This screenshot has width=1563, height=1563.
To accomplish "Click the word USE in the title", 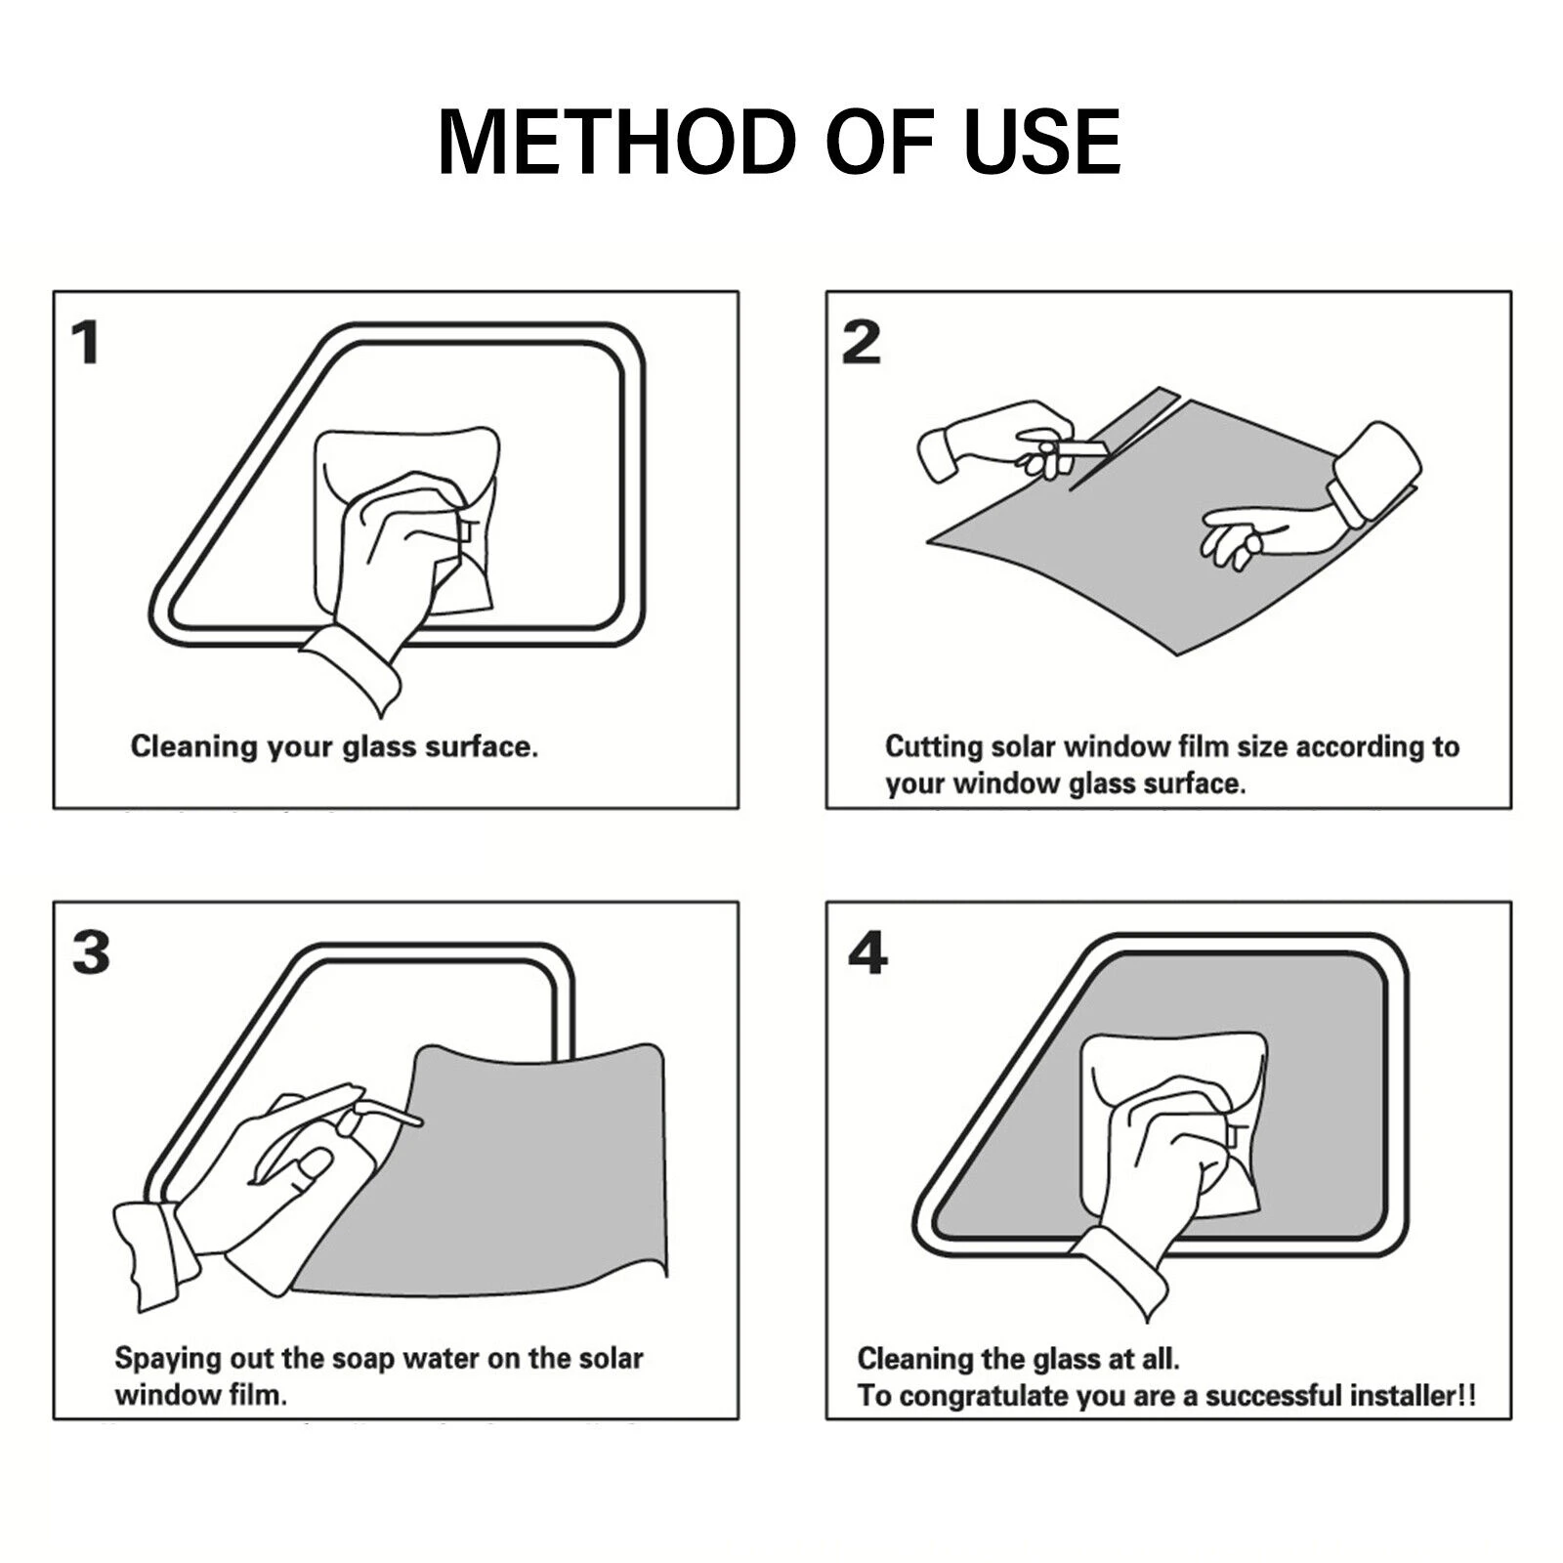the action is (x=1042, y=142).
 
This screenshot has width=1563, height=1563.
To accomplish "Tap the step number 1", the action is (x=86, y=344).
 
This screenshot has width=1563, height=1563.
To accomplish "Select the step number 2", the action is (x=861, y=344).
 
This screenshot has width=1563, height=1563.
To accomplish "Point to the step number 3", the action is (x=91, y=952).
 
